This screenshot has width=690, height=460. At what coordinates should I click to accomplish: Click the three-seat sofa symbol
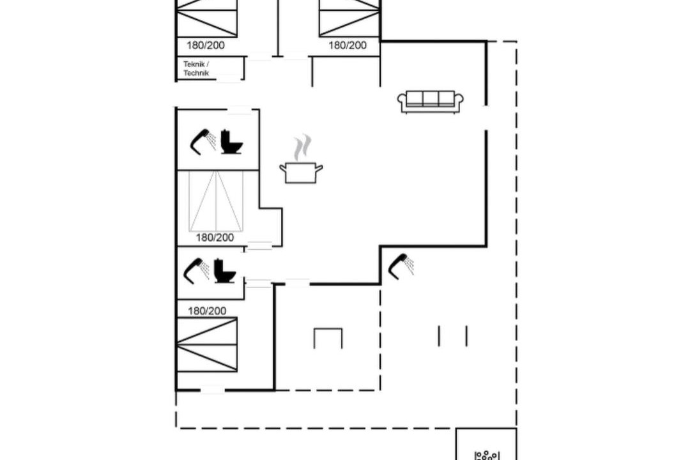(x=431, y=102)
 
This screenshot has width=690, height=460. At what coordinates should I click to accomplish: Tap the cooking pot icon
(x=301, y=172)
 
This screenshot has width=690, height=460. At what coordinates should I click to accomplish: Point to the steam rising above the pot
(x=302, y=148)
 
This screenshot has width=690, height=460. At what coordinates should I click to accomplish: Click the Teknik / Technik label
(x=196, y=68)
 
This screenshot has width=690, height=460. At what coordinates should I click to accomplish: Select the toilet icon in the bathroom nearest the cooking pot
(x=231, y=142)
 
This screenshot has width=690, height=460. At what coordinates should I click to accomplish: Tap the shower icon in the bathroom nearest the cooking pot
(x=203, y=142)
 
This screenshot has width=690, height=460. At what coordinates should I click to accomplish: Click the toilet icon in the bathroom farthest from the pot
(x=225, y=270)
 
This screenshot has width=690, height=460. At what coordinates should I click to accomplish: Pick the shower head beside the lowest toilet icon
(x=196, y=270)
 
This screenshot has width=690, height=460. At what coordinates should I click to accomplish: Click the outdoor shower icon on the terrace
(x=401, y=266)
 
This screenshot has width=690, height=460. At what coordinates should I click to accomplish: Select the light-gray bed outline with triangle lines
(x=216, y=201)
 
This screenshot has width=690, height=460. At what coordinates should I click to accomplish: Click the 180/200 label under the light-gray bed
(x=215, y=238)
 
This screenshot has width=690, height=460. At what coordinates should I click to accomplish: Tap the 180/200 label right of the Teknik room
(x=348, y=45)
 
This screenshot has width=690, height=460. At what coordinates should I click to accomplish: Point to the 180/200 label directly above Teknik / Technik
(x=206, y=45)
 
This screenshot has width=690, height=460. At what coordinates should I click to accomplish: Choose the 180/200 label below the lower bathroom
(x=207, y=311)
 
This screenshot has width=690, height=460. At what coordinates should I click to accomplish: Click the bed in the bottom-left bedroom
(x=207, y=344)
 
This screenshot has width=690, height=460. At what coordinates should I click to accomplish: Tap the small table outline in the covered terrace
(x=328, y=338)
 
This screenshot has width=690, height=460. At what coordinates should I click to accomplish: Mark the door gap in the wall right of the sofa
(x=486, y=118)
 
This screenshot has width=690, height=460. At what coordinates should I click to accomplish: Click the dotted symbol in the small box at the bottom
(x=486, y=455)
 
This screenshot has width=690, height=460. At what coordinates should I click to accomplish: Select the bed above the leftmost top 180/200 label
(x=207, y=19)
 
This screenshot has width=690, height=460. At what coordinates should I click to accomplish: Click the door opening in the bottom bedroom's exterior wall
(x=213, y=390)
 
